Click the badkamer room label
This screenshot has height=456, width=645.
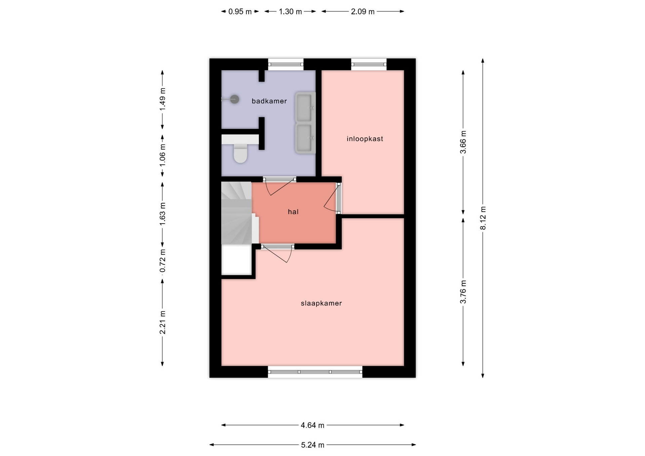(269, 101)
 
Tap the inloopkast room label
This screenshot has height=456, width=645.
(365, 139)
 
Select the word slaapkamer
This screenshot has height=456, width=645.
(321, 303)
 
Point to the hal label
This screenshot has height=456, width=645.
(293, 212)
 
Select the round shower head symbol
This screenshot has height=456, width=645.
(234, 99)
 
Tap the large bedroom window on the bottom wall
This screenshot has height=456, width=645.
(315, 372)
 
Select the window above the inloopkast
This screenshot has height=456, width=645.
(369, 64)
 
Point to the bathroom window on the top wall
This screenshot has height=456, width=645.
(286, 64)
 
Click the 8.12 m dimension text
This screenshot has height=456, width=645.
(483, 218)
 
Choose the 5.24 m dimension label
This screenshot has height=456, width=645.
(312, 445)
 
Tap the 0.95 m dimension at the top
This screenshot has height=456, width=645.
(240, 12)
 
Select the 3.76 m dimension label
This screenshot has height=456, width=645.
(463, 292)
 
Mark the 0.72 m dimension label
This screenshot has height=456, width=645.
(163, 261)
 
